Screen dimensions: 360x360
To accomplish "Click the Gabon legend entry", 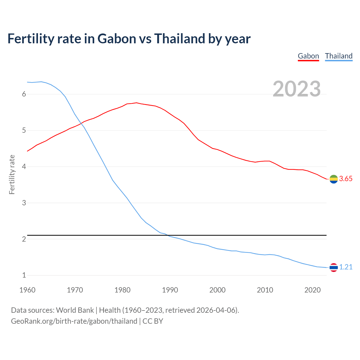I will coord(308,56).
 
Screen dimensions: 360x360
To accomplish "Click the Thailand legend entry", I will coord(339,56).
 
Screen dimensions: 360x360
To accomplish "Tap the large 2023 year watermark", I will coord(297,89).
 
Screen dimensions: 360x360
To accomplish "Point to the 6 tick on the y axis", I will coord(24,94).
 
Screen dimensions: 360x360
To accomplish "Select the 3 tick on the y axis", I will coord(24,203).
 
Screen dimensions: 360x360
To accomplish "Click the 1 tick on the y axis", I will coord(24,275).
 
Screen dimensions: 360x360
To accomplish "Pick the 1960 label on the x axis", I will coord(27,290).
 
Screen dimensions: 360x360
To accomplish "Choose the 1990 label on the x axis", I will coord(170,290).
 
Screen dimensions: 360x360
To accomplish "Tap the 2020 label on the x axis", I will coord(312,290).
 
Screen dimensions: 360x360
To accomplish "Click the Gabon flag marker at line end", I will coord(334,179).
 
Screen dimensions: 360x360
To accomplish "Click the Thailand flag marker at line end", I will coord(334,267).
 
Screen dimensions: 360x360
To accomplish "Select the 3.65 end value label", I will coord(346,179).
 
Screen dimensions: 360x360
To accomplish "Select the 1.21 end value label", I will coord(346,267).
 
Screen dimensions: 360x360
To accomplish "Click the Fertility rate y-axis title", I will coord(12,174).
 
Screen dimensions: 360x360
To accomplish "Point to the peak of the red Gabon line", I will coord(136,103).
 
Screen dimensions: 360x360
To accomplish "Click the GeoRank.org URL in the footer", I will coord(74,321).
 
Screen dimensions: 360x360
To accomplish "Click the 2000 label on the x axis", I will coord(217,290).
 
